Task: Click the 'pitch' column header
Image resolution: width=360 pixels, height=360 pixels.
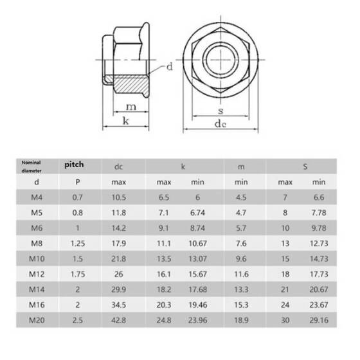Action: (x=74, y=165)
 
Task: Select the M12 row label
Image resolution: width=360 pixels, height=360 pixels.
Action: (x=37, y=274)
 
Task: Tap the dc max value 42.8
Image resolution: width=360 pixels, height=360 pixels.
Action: (x=119, y=320)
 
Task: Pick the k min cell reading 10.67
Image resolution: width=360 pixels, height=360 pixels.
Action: (x=198, y=244)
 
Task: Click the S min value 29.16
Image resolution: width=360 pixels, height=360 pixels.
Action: (x=319, y=320)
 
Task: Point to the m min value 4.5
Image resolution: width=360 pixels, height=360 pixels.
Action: (x=241, y=197)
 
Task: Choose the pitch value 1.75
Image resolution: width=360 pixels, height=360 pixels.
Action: (x=78, y=274)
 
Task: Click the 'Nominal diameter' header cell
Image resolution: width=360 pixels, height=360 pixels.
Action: (x=32, y=166)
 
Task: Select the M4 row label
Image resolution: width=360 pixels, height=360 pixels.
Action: (x=37, y=197)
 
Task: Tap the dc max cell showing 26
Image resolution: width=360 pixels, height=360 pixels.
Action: (x=119, y=274)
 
